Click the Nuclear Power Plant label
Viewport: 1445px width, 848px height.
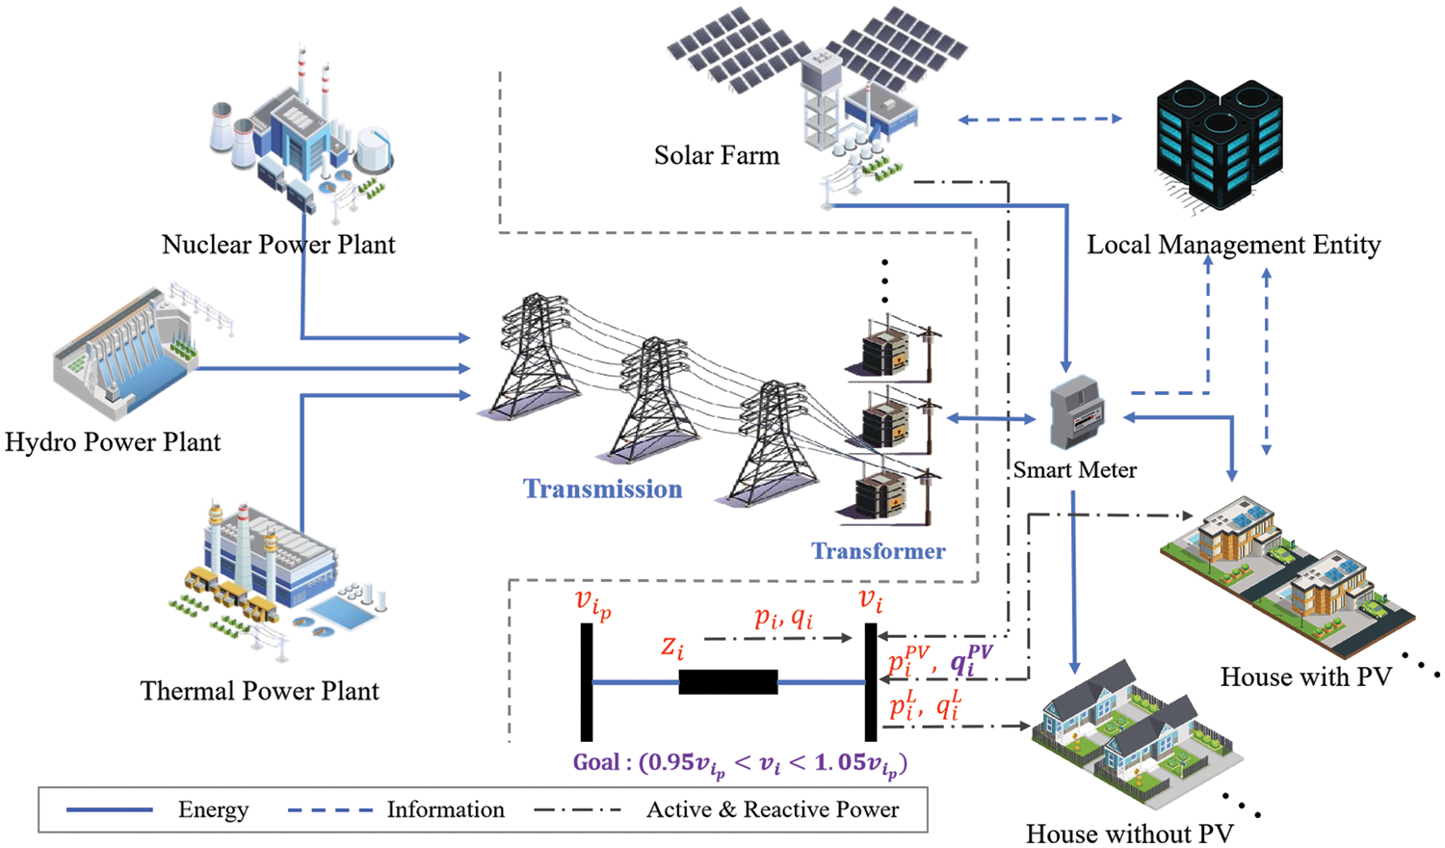278,245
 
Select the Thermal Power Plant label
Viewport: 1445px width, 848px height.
259,691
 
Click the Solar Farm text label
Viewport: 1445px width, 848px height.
716,155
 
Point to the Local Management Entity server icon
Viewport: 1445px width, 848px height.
1219,145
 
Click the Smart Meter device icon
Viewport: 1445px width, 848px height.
1077,412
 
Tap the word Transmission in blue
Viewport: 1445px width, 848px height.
602,489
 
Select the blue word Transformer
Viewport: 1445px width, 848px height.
878,551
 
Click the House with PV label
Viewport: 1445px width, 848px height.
1305,677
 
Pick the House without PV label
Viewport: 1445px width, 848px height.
1129,834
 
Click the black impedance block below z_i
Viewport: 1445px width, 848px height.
728,682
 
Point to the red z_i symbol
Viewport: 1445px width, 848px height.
672,647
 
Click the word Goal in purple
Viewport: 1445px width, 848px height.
596,762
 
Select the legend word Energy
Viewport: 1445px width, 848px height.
213,809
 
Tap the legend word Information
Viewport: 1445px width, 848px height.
445,809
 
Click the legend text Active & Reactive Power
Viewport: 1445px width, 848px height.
773,809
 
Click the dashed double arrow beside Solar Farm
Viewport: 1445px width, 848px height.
1040,119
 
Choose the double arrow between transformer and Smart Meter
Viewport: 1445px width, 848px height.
991,418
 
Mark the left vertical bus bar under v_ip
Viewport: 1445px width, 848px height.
587,682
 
